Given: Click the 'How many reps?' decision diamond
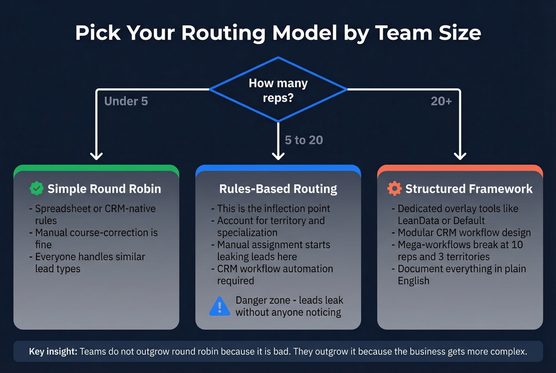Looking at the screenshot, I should click(278, 90).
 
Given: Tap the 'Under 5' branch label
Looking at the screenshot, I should click(126, 101).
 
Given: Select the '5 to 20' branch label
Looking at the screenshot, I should click(304, 140).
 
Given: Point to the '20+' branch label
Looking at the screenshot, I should click(441, 101).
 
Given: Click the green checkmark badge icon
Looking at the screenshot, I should click(37, 189).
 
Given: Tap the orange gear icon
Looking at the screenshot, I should click(394, 189).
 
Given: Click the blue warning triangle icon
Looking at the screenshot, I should click(219, 307).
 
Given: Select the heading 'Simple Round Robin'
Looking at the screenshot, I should click(104, 189).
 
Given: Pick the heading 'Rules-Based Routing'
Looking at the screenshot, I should click(278, 189).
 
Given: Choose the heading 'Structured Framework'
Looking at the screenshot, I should click(469, 189).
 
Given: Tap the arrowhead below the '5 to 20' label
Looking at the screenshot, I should click(278, 155).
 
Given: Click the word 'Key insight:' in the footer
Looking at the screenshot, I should click(53, 352).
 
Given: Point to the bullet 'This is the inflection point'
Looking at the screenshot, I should click(273, 209).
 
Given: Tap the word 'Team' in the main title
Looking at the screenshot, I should click(403, 33).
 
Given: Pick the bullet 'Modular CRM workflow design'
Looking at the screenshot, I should click(464, 233).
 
